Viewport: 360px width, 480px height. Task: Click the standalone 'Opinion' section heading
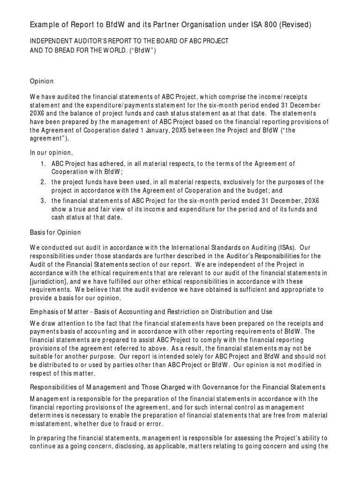coord(42,81)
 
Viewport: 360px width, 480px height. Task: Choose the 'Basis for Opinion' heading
coord(55,232)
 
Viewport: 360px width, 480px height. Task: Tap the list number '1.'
coord(43,163)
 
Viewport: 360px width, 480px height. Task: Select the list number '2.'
coord(43,182)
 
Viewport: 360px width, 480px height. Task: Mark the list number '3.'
coord(43,201)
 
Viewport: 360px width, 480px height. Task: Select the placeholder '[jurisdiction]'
coord(49,281)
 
